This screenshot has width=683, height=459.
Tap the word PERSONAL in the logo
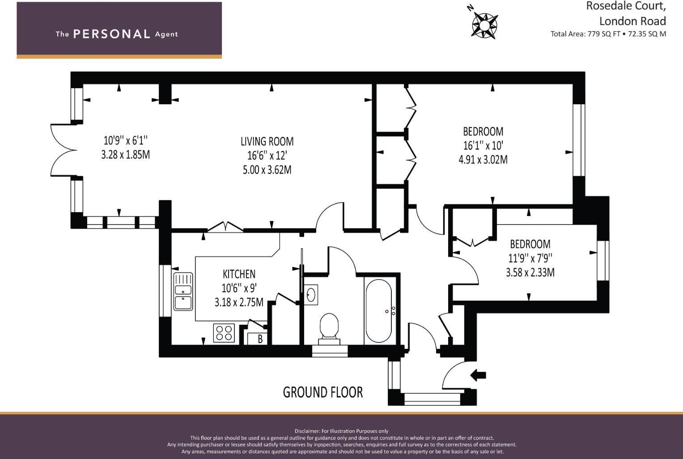tap(111, 34)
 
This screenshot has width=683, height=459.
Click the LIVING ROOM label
tap(267, 141)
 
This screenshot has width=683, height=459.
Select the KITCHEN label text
tap(239, 274)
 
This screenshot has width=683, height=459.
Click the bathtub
tap(378, 311)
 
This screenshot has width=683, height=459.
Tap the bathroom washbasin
tap(311, 294)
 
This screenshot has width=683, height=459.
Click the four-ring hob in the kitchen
tap(224, 333)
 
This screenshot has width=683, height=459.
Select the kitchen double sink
tap(183, 291)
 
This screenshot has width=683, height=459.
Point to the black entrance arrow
tap(478, 375)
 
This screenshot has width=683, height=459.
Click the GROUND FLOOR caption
tap(322, 392)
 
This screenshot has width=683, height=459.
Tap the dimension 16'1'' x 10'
tap(483, 145)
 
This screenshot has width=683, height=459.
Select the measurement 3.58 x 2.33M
tap(530, 272)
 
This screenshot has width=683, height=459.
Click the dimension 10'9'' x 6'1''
tap(125, 140)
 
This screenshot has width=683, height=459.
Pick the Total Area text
tap(608, 34)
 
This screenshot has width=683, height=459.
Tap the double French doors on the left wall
tap(61, 150)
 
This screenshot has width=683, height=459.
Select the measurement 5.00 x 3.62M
tap(267, 170)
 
